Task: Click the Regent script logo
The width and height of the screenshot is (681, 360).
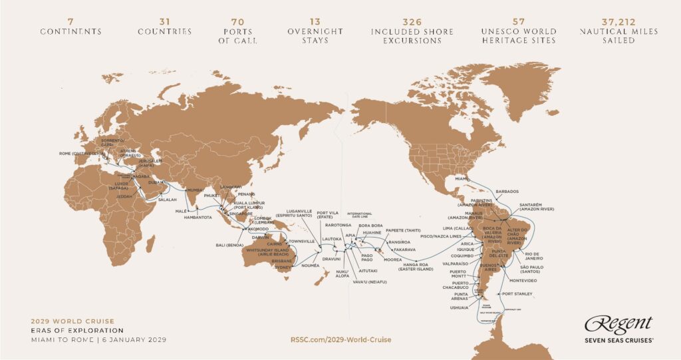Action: pyautogui.click(x=618, y=324)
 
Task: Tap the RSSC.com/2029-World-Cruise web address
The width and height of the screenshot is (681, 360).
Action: pyautogui.click(x=340, y=339)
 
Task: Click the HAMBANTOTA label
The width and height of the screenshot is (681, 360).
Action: pyautogui.click(x=197, y=216)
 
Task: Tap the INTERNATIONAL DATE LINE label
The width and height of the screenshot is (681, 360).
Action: pyautogui.click(x=360, y=216)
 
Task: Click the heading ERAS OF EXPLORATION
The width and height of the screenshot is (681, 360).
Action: pyautogui.click(x=68, y=330)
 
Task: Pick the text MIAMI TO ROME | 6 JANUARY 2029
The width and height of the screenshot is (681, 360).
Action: pyautogui.click(x=98, y=339)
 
